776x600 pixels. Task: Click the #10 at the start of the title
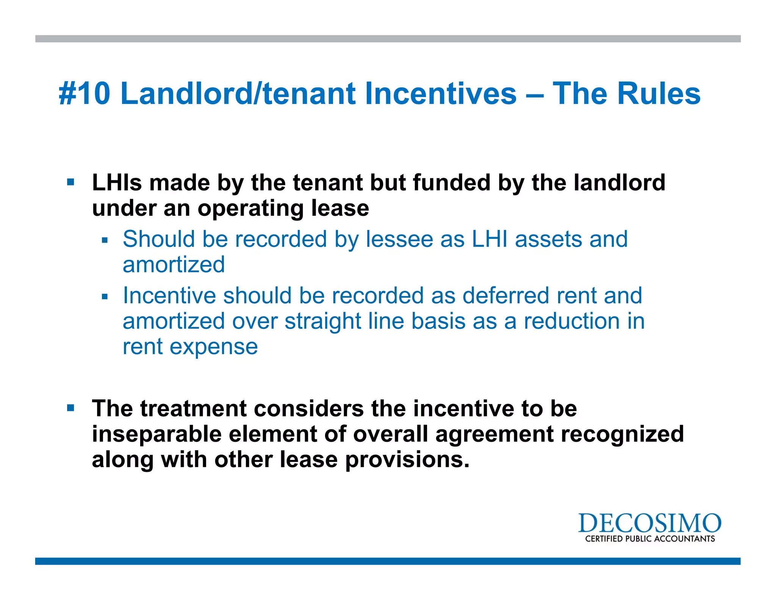point(84,94)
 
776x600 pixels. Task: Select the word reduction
point(571,321)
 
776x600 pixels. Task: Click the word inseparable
point(156,434)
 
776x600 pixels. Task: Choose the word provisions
point(407,460)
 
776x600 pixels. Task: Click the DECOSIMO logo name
point(649,523)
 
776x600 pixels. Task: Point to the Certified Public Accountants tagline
point(650,539)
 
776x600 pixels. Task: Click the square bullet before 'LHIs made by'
point(70,182)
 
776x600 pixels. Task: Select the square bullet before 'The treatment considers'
point(70,408)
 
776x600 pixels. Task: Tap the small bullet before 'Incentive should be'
point(105,297)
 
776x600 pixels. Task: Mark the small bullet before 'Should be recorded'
point(105,240)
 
